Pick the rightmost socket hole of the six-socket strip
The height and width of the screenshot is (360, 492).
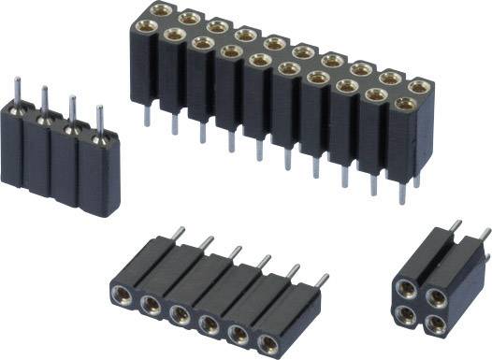click(x=269, y=342)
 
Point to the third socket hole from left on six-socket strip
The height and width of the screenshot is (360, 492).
click(x=180, y=315)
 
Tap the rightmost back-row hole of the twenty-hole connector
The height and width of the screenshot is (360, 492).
click(x=419, y=87)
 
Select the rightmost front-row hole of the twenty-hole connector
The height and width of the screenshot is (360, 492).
click(x=404, y=105)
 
